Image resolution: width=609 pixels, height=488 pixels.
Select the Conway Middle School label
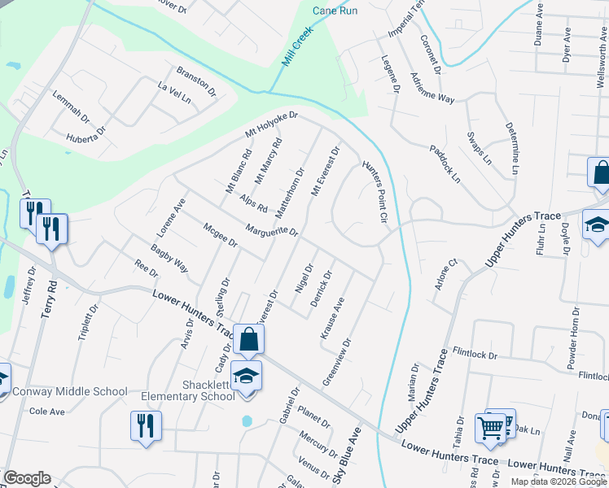[72, 391]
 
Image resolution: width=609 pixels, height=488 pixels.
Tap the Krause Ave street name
[332, 318]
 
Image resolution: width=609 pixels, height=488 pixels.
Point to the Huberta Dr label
[87, 134]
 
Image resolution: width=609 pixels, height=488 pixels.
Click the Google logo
[27, 478]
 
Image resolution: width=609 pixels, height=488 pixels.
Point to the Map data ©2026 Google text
[559, 481]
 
